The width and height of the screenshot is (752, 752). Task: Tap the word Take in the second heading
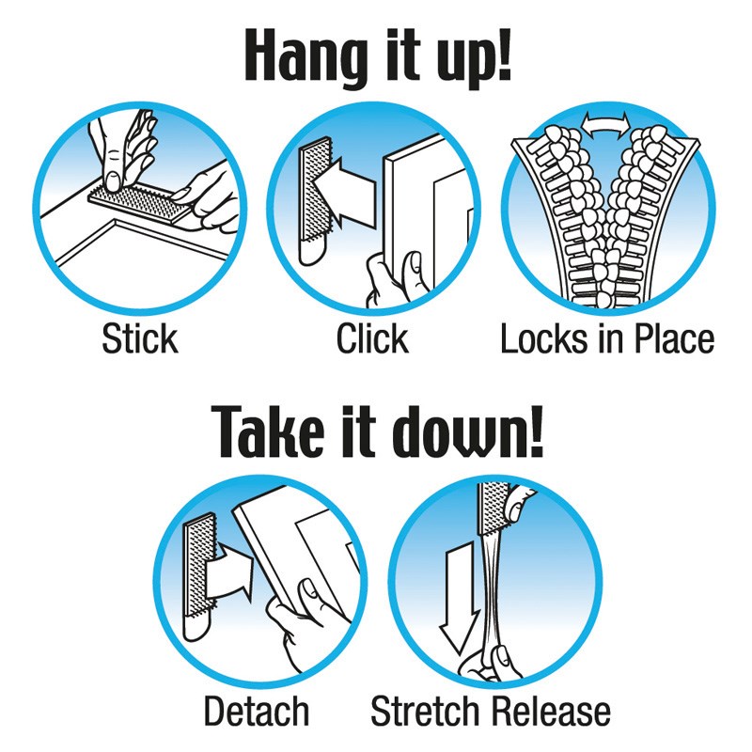[x=266, y=431]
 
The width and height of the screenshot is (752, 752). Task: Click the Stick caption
[x=140, y=338]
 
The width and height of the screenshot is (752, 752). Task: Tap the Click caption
[x=372, y=338]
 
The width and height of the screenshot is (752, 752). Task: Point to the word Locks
[x=544, y=338]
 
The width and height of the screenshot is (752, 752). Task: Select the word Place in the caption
[x=674, y=338]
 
